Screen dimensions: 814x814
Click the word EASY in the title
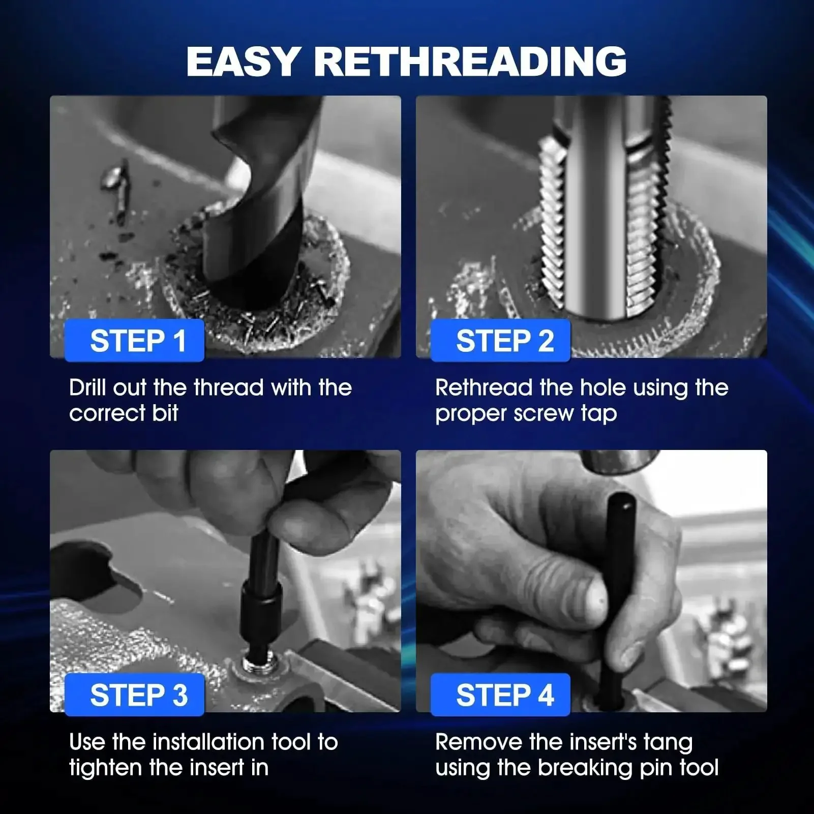click(243, 62)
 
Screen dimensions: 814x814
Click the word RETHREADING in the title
click(470, 62)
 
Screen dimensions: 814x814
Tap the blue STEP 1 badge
click(135, 340)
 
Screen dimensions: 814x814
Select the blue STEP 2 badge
click(500, 340)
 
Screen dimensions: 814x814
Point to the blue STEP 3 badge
click(135, 695)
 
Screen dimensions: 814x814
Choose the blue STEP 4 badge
click(500, 695)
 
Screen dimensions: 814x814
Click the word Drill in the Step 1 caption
click(88, 387)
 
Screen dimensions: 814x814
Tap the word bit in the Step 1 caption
click(165, 413)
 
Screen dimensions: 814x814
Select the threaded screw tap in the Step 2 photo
click(605, 208)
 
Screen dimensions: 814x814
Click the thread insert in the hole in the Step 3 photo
click(257, 664)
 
